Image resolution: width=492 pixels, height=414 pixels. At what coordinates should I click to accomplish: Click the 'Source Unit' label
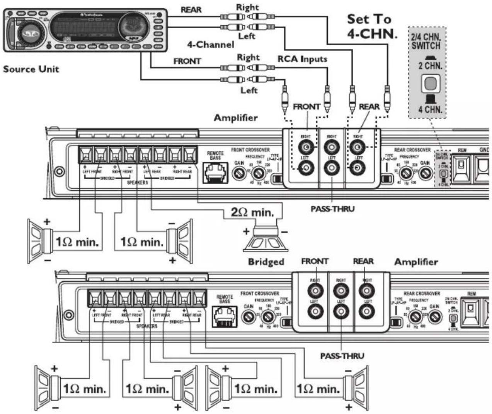(x=31, y=69)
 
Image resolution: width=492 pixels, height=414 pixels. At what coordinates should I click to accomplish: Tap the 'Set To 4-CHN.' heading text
(x=371, y=26)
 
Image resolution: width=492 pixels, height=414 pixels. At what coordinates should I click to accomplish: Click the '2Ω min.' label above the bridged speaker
(x=252, y=212)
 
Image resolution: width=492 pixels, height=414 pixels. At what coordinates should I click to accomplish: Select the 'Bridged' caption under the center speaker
(x=266, y=262)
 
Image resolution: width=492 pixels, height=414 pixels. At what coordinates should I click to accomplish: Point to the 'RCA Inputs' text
(x=302, y=59)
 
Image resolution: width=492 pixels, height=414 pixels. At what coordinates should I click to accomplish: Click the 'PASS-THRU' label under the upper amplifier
(x=332, y=209)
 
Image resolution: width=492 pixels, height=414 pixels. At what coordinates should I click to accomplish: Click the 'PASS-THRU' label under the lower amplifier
(x=342, y=356)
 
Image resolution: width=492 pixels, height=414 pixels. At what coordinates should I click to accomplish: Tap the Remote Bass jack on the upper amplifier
(x=215, y=173)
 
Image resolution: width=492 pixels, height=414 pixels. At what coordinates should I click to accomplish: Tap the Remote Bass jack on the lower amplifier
(x=225, y=316)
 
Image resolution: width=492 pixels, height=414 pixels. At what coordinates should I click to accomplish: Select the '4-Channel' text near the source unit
(x=211, y=44)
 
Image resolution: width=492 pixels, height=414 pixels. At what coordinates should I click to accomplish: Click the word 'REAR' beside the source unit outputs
(x=191, y=10)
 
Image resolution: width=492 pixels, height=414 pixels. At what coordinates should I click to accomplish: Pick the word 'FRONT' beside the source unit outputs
(x=187, y=61)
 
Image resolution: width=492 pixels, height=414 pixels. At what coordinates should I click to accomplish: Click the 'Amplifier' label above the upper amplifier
(x=236, y=118)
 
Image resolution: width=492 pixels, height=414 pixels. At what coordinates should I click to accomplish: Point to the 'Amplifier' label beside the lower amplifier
(x=416, y=262)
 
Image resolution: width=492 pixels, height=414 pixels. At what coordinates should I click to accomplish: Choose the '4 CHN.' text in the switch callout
(x=430, y=109)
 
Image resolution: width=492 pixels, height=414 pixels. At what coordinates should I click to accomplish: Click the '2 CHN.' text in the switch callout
(x=430, y=65)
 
